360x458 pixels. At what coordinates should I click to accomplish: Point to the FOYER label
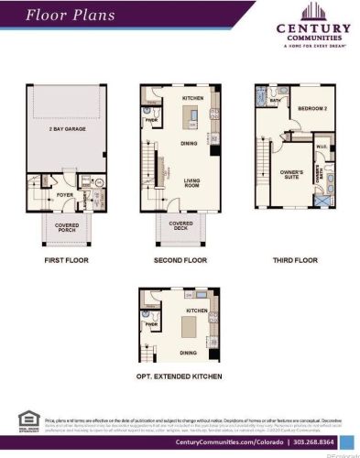point(64,194)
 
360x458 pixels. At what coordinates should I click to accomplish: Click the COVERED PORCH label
point(66,226)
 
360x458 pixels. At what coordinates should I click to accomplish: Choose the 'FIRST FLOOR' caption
point(66,260)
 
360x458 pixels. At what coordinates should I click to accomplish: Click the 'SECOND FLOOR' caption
point(180,260)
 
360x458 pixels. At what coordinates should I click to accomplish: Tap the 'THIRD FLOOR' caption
point(294,260)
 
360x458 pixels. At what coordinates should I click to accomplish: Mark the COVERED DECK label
point(180,224)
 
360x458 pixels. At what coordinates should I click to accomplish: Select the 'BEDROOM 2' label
point(311,109)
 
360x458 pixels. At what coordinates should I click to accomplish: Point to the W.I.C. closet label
point(322,146)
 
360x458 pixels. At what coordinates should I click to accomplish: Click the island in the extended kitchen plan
point(194,324)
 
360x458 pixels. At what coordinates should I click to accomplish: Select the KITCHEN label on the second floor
point(192,97)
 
